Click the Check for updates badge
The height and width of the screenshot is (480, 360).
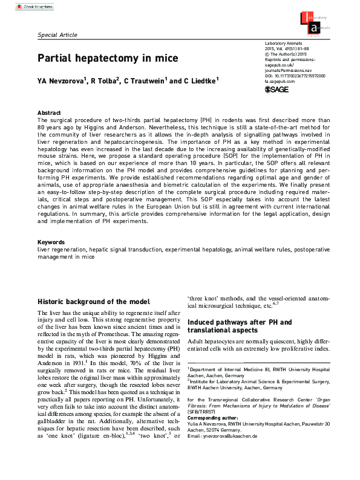(x=30, y=6)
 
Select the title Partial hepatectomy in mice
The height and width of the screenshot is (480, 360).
(x=108, y=59)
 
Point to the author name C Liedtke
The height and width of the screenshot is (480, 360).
(x=200, y=80)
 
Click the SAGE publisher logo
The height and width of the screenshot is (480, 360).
(x=278, y=90)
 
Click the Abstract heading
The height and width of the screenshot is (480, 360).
(x=49, y=113)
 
